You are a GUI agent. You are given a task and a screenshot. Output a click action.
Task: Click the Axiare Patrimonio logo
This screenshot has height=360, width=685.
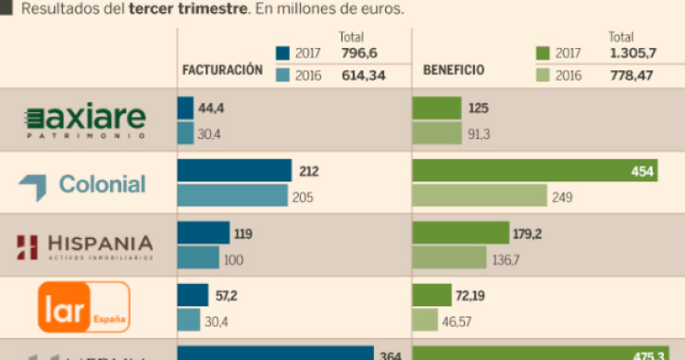[85, 120]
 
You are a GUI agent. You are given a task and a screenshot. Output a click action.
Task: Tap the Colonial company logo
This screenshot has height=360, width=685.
[82, 183]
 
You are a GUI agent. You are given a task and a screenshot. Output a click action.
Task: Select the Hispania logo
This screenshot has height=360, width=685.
[85, 245]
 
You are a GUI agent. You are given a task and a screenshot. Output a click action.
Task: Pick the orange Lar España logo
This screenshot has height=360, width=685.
[83, 306]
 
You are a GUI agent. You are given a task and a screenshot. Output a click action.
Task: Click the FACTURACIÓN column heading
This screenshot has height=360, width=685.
[222, 70]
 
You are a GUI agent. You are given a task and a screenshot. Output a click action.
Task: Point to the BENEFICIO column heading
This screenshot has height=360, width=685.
[454, 70]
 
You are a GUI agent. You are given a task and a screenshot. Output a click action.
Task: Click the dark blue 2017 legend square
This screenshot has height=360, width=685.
[283, 54]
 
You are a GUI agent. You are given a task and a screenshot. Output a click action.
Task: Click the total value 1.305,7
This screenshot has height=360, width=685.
[632, 54]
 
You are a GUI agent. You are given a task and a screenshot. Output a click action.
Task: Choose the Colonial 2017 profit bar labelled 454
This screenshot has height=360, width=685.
[534, 171]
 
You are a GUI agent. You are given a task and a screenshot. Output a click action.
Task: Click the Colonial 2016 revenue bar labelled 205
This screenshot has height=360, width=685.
[232, 196]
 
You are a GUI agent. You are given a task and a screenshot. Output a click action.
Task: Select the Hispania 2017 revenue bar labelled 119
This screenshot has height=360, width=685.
[203, 233]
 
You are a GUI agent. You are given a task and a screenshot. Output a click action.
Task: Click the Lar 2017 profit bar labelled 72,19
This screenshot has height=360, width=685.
[431, 295]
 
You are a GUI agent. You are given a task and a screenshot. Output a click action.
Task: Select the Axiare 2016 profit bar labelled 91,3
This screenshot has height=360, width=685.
[436, 133]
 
